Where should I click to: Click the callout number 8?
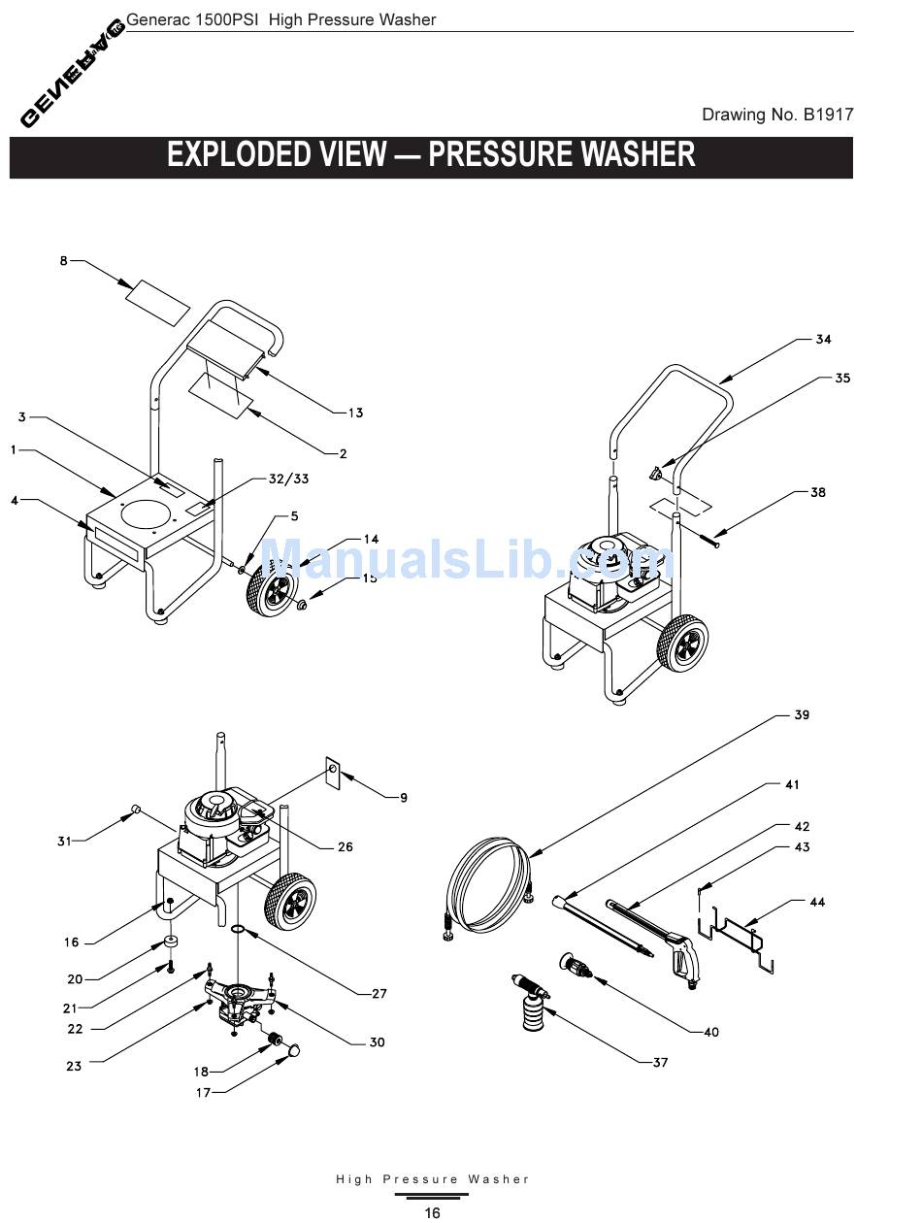(x=64, y=261)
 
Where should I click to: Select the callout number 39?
(x=801, y=715)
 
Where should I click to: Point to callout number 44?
(x=817, y=903)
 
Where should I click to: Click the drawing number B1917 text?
(x=777, y=115)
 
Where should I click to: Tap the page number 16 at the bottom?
(x=432, y=1212)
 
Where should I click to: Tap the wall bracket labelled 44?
(x=738, y=935)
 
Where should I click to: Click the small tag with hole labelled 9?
(x=332, y=773)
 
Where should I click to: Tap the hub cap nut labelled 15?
(x=302, y=606)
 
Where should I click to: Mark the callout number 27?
(x=379, y=993)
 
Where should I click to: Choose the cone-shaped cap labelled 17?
(x=291, y=1049)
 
